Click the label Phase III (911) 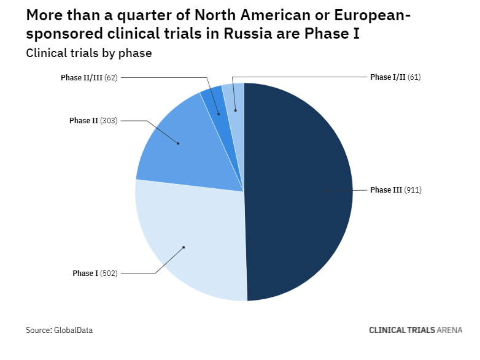[x=396, y=190]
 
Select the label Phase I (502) [x=95, y=273]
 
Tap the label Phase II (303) [x=93, y=121]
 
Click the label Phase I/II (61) [x=395, y=77]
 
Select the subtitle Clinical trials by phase [x=88, y=53]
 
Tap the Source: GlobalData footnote [x=59, y=330]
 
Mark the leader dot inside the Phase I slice [x=184, y=247]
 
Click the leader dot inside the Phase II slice [x=178, y=144]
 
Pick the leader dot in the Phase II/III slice [x=219, y=114]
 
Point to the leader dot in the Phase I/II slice [x=235, y=111]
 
